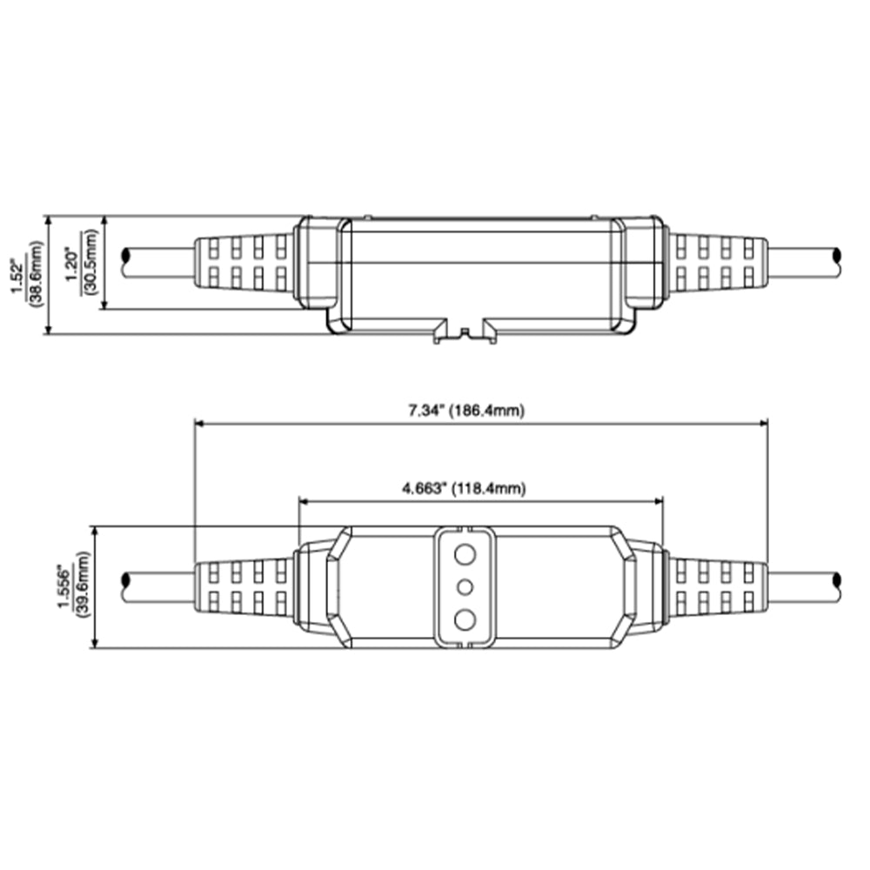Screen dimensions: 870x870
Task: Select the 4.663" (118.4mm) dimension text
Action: point(464,489)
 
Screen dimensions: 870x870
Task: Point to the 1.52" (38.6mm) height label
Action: point(27,275)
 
